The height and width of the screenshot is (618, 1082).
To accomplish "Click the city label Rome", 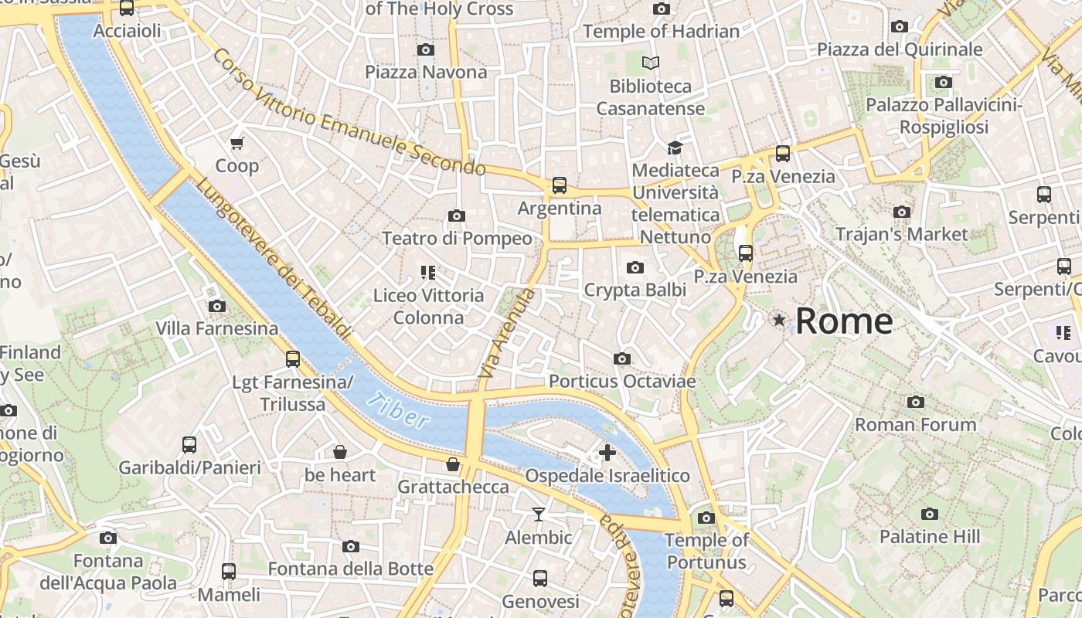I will click(844, 321).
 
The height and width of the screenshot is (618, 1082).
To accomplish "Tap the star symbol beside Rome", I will click(780, 320).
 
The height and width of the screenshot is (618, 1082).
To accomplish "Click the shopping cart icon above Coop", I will click(237, 143).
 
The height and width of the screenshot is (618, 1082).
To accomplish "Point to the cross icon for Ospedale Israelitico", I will click(607, 453).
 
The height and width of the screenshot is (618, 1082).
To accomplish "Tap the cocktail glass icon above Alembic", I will click(539, 514).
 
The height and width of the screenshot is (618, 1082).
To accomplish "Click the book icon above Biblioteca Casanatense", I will click(651, 63).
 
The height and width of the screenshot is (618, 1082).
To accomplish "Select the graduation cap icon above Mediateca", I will click(675, 147).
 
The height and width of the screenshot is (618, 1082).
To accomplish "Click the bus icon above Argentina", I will click(559, 185).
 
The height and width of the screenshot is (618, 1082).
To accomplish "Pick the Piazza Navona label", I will click(426, 73).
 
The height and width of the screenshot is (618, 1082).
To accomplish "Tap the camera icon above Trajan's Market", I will click(901, 212).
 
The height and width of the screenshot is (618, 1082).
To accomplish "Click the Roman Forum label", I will click(915, 425).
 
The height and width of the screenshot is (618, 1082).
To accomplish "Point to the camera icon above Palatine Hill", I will click(930, 514).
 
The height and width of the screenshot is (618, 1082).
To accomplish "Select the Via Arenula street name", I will click(507, 333).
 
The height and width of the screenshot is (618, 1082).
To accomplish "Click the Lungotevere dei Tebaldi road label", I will click(274, 259).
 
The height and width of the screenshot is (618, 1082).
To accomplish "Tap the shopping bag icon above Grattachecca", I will click(453, 464).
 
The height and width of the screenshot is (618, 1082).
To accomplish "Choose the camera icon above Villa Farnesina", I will click(217, 306).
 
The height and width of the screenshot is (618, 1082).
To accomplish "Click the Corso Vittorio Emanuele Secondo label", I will click(348, 113).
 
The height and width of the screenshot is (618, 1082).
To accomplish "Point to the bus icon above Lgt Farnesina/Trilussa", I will click(292, 358).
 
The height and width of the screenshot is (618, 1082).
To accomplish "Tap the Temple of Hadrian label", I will click(661, 32).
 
